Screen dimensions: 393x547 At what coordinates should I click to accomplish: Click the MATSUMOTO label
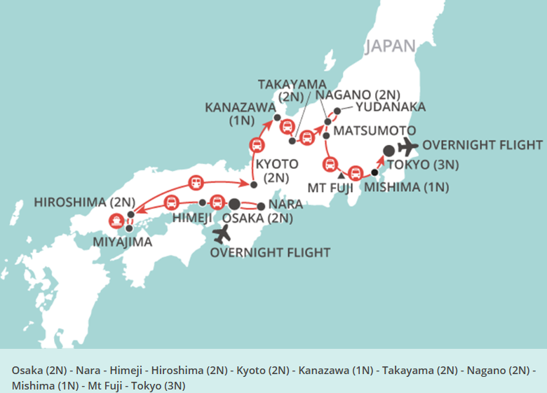(x=374, y=131)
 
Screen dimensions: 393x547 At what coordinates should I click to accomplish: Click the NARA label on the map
(x=285, y=204)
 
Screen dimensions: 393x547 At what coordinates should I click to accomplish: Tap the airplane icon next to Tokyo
(x=407, y=146)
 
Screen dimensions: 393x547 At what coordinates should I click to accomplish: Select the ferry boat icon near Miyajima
(x=117, y=220)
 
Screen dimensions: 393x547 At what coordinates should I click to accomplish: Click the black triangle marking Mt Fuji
(x=340, y=175)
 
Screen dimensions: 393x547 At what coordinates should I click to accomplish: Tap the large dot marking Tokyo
(x=389, y=150)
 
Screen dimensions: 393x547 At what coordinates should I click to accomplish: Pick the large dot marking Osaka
(x=234, y=204)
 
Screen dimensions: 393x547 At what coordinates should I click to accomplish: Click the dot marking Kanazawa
(x=277, y=117)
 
